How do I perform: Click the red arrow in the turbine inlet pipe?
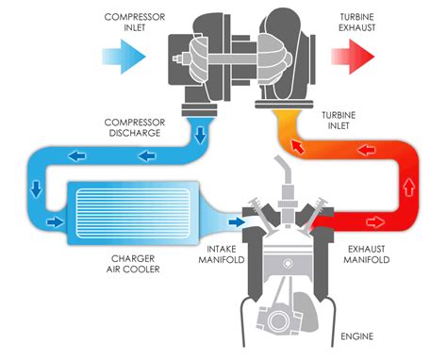298,146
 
